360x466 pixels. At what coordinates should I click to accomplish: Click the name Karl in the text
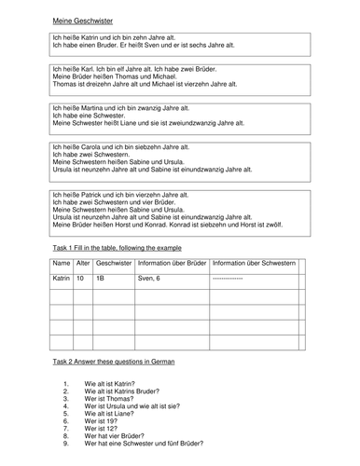76,69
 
